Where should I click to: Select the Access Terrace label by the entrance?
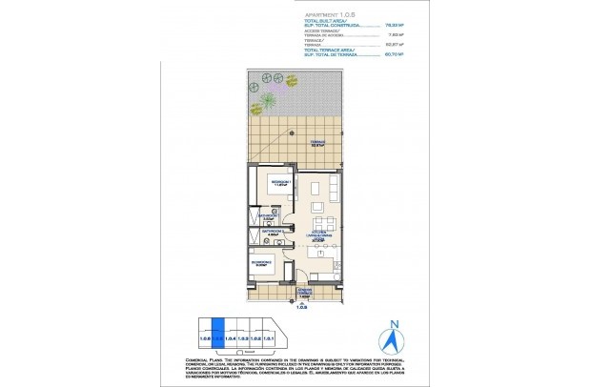pyautogui.click(x=304, y=292)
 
